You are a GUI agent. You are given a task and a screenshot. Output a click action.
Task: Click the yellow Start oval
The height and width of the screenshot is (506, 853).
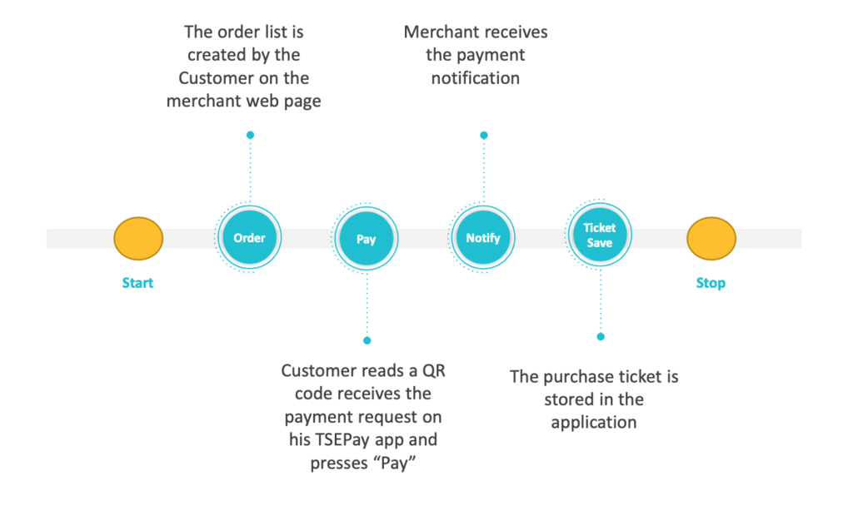pos(138,238)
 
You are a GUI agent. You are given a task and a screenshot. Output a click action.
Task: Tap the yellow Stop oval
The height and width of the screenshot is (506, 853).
pos(711,238)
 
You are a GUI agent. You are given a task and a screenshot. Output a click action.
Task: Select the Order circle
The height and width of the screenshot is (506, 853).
pos(249,238)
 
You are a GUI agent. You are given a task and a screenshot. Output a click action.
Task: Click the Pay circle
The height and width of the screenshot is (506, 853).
pos(367,239)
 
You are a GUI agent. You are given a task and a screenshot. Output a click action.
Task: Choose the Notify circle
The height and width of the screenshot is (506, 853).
pos(483,238)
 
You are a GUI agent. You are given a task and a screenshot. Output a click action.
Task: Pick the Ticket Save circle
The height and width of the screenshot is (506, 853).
pos(600,236)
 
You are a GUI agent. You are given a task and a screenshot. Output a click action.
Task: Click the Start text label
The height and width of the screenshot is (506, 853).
pos(138,283)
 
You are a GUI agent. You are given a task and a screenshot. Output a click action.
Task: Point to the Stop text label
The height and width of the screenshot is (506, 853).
pos(711,283)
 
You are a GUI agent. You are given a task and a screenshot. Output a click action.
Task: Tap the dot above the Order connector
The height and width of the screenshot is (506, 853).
pos(250,135)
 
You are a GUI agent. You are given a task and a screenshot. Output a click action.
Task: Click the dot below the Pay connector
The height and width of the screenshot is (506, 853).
pos(367,340)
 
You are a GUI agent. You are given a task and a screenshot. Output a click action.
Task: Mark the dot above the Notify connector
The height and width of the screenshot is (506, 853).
pos(483,135)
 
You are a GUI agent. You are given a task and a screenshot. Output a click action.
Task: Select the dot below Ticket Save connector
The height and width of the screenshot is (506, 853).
pos(600,336)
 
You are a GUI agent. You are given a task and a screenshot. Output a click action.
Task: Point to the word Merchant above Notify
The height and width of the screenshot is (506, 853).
pos(441,32)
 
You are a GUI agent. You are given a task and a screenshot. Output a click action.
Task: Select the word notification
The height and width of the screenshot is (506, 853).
pos(476,78)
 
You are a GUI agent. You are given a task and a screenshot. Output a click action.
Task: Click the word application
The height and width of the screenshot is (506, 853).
pos(594,422)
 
